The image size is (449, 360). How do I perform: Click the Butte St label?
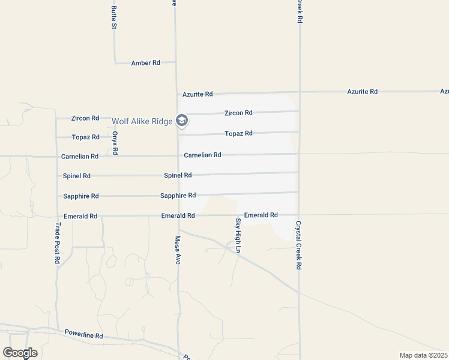coord(113,17)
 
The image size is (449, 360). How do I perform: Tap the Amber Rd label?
coord(145,63)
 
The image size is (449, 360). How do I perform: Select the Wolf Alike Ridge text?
coord(142,121)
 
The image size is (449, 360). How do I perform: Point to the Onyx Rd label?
coord(115,143)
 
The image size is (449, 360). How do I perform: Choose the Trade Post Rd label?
coord(58,243)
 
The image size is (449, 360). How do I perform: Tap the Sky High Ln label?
coord(238,235)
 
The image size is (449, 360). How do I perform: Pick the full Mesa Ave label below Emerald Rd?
coord(178,250)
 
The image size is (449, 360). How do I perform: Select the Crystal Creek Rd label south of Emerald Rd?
coord(298,245)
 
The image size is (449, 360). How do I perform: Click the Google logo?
coord(20,353)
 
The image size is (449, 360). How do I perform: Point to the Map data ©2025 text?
coord(424,355)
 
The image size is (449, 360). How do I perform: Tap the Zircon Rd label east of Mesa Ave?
coord(238,113)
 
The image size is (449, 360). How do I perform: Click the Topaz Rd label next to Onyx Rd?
coord(85,137)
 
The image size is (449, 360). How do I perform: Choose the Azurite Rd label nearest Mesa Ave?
coord(197,94)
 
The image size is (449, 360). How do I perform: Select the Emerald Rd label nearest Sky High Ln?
coord(261,215)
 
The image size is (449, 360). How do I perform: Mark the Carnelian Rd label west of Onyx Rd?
coord(80,157)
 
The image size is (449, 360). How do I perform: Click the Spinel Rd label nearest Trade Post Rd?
coord(77,176)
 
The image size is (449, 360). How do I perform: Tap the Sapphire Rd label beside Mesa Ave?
coord(178,196)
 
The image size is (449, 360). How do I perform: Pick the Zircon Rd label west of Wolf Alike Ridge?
coord(85,118)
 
